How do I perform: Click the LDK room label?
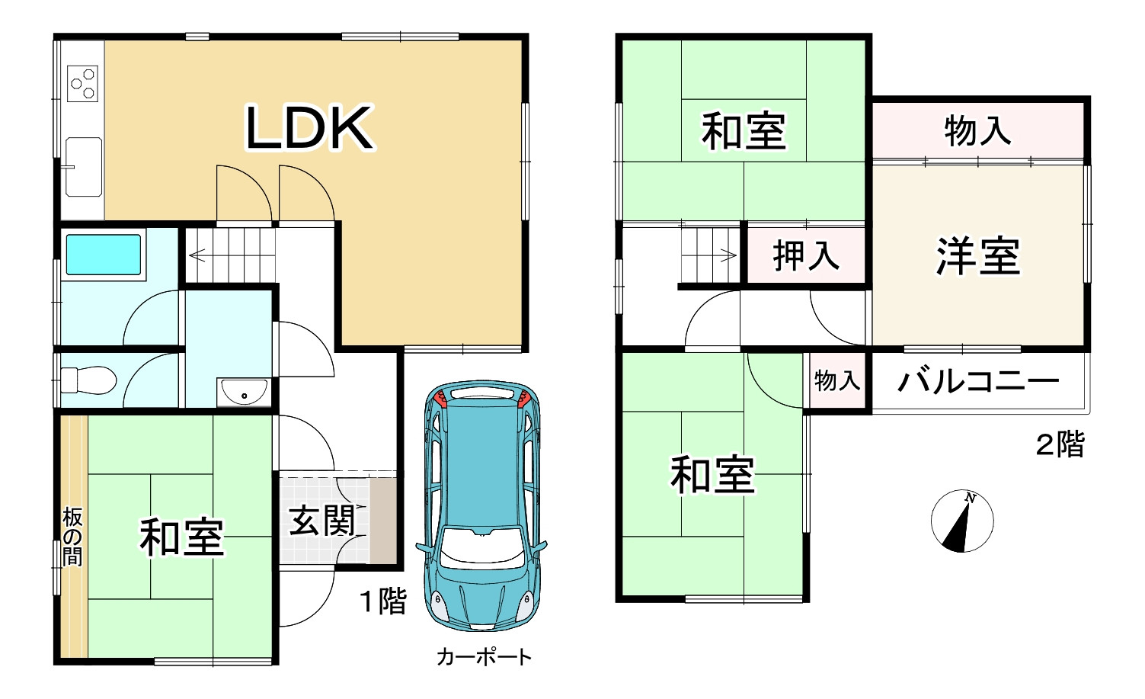coord(309,127)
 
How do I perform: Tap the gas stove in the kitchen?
coord(83,83)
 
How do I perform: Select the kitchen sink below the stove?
coord(83,166)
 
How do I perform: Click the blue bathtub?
coord(104,254)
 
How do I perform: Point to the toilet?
coord(88,379)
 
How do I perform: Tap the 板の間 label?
coord(72,538)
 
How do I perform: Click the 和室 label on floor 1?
coord(181,537)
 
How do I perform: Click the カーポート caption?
coord(484,657)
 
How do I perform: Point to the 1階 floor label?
coord(383,601)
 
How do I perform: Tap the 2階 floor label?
coord(1060,444)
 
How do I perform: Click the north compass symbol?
coord(962,521)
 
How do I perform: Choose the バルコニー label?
coord(978,380)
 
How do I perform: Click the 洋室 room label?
coord(978,256)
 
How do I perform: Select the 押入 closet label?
coord(806,255)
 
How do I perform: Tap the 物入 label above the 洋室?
coord(978,130)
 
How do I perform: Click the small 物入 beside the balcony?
coord(837,380)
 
